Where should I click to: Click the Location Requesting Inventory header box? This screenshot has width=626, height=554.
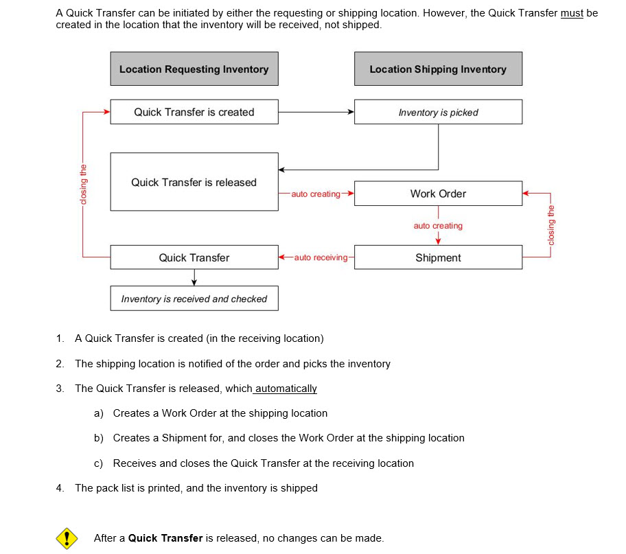coord(194,69)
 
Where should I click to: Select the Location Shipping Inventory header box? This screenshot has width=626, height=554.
coord(438,69)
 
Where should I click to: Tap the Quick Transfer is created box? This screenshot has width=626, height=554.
coord(194,112)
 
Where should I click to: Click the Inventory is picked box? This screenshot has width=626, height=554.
coord(438,112)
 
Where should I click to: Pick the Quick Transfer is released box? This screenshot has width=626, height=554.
coord(194,182)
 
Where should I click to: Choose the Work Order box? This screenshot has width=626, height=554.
coord(438,194)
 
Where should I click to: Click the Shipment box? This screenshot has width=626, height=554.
coord(438,257)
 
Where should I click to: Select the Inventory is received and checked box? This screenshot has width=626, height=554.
coord(194,299)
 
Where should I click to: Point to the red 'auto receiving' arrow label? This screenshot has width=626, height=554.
coord(321,257)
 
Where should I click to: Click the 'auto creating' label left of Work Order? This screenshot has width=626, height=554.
coord(316,194)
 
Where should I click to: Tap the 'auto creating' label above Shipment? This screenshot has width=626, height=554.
coord(438,226)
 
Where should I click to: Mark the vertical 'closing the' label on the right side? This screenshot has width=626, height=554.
coord(550,224)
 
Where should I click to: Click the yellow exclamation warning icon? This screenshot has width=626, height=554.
coord(66,538)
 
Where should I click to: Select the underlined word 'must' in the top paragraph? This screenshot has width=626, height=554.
coord(572,13)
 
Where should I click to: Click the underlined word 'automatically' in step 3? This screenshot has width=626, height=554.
coord(286,389)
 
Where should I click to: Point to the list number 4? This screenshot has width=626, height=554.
coord(60,488)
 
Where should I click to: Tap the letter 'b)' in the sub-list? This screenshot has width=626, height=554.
coord(99,438)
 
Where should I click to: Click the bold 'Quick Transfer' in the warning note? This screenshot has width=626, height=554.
coord(165,538)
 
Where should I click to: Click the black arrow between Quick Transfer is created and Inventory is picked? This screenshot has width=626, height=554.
coord(316,112)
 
